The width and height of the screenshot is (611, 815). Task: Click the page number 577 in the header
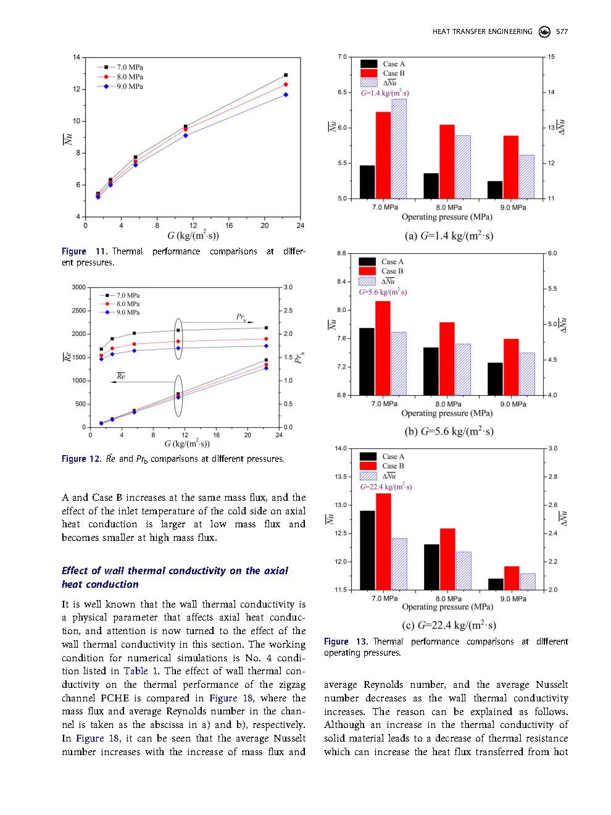562,31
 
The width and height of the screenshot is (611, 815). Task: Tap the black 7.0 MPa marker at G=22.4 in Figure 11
286,75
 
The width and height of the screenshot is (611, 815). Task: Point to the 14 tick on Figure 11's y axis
77,57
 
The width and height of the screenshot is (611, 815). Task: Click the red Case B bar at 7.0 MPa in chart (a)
383,155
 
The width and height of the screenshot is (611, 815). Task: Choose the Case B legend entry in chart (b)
392,271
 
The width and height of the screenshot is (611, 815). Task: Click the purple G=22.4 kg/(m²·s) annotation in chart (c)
386,487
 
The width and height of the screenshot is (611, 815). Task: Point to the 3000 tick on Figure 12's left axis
78,287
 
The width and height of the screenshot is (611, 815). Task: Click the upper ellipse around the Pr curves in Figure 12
178,338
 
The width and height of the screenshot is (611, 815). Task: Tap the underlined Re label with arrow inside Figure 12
121,376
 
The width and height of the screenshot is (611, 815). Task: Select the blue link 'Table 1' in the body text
136,671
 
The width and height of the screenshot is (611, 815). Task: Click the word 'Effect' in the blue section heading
75,570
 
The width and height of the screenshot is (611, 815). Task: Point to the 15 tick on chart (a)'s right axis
551,57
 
